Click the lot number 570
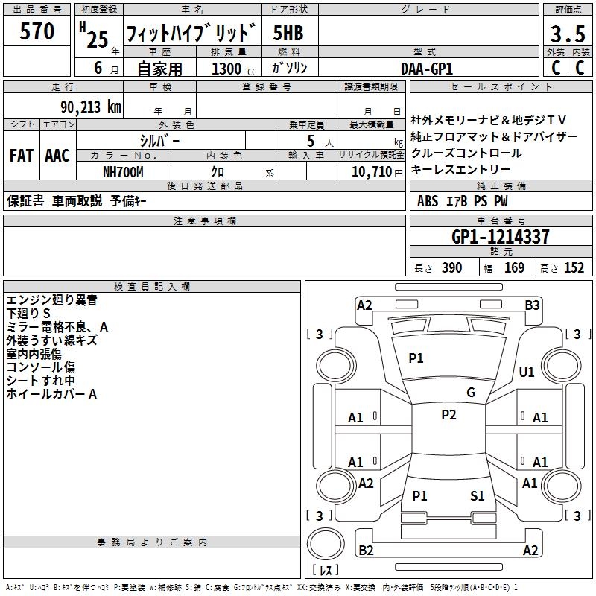pyautogui.click(x=37, y=31)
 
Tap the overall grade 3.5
pyautogui.click(x=568, y=34)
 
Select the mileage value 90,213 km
pyautogui.click(x=90, y=107)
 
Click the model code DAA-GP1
pyautogui.click(x=427, y=69)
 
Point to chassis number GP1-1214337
pyautogui.click(x=501, y=237)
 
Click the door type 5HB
pyautogui.click(x=288, y=33)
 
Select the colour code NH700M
pyautogui.click(x=123, y=172)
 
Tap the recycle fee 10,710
pyautogui.click(x=372, y=171)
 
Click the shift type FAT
pyautogui.click(x=22, y=156)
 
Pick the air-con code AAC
pyautogui.click(x=57, y=156)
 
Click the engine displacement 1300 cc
pyautogui.click(x=234, y=69)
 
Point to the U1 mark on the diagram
pyautogui.click(x=527, y=372)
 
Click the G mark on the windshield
pyautogui.click(x=471, y=393)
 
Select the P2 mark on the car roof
pyautogui.click(x=449, y=415)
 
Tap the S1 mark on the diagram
pyautogui.click(x=478, y=495)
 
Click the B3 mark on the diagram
pyautogui.click(x=532, y=305)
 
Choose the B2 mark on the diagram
pyautogui.click(x=366, y=550)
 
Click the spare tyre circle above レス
pyautogui.click(x=326, y=544)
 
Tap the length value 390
pyautogui.click(x=452, y=268)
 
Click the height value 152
pyautogui.click(x=574, y=268)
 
